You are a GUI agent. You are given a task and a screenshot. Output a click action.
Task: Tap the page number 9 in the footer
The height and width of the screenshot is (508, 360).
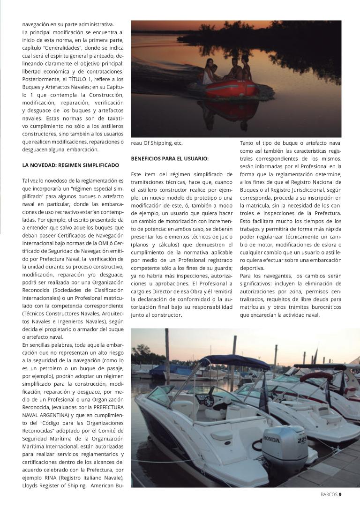point(340,493)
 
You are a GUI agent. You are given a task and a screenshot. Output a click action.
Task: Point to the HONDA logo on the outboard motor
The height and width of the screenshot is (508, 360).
point(271,440)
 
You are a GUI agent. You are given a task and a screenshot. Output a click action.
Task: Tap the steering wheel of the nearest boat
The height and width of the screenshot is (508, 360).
point(207,400)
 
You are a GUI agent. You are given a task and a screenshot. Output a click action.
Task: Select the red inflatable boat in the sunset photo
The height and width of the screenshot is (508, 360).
point(228,89)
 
